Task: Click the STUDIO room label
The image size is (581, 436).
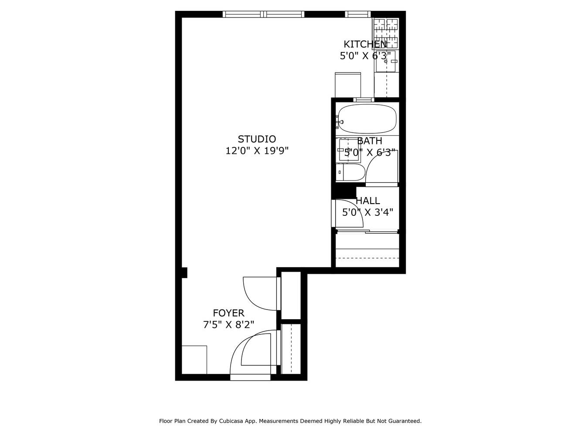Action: click(x=257, y=139)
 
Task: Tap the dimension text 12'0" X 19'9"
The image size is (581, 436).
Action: click(x=257, y=151)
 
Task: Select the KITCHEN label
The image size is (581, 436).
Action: click(x=364, y=44)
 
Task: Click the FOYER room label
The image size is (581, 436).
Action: click(x=228, y=313)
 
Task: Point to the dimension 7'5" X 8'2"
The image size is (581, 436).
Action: click(x=228, y=325)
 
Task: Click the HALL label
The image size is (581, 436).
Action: click(x=368, y=201)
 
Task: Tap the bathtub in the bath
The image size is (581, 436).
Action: click(x=368, y=119)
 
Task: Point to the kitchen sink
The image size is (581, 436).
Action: click(x=386, y=61)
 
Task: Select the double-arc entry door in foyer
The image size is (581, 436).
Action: click(x=253, y=349)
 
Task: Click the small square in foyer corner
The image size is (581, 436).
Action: click(x=194, y=360)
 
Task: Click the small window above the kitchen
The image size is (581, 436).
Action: click(x=358, y=14)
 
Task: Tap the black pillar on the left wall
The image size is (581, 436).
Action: click(x=184, y=272)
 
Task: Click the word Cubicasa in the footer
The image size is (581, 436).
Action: click(x=239, y=421)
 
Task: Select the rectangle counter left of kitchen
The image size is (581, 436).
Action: click(x=347, y=85)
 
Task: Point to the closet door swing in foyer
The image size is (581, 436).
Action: click(x=259, y=294)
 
